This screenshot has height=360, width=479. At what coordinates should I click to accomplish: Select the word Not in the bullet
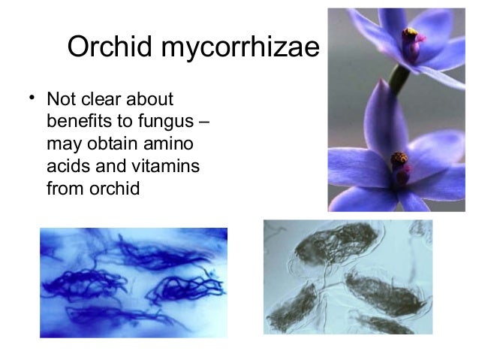[62, 99]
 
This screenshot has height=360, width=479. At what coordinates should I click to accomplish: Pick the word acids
[67, 166]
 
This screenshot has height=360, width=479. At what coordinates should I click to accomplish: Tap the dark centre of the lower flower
[399, 160]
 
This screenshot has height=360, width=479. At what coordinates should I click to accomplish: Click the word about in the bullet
[152, 99]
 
